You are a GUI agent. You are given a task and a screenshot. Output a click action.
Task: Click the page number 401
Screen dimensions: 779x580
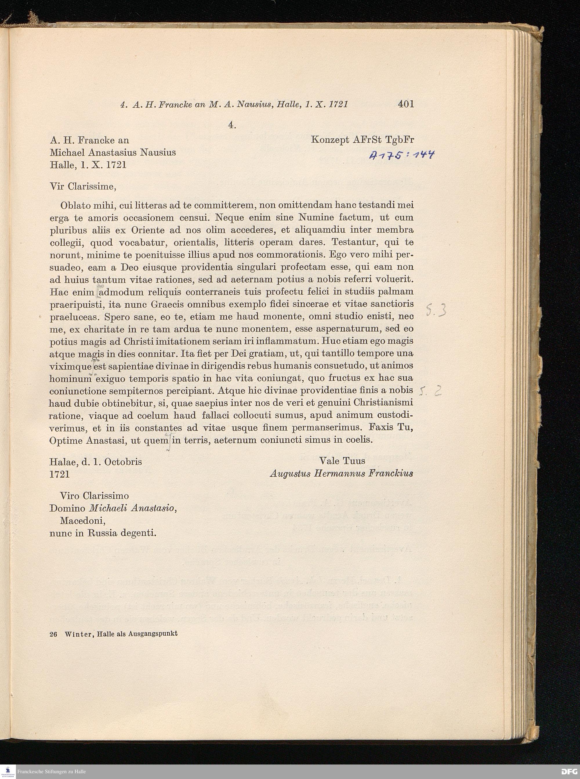(x=406, y=104)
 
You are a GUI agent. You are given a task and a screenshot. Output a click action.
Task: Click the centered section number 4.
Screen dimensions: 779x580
(x=232, y=125)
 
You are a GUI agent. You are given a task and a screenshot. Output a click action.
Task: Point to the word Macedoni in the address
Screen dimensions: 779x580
(x=83, y=520)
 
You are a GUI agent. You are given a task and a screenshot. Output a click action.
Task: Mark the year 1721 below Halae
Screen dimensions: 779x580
(x=59, y=474)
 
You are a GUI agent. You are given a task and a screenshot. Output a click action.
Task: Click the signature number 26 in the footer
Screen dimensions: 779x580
(x=53, y=634)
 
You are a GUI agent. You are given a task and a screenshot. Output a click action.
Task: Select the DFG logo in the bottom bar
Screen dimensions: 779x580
(x=569, y=771)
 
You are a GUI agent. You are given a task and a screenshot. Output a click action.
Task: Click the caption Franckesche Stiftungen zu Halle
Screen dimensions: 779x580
(x=51, y=771)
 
